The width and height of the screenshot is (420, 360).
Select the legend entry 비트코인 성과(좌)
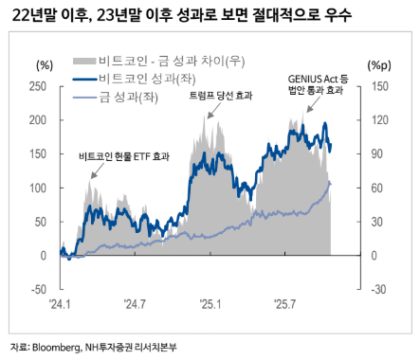142,80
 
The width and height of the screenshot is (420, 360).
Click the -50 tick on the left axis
38,289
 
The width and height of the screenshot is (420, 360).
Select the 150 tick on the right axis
377,87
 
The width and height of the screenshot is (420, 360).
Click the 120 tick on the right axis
377,121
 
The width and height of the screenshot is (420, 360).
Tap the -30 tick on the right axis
377,289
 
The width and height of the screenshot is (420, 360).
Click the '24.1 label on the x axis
63,304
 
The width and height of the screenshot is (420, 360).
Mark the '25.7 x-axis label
285,304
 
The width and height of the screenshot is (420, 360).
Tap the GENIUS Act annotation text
317,78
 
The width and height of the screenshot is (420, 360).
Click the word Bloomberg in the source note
54,347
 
